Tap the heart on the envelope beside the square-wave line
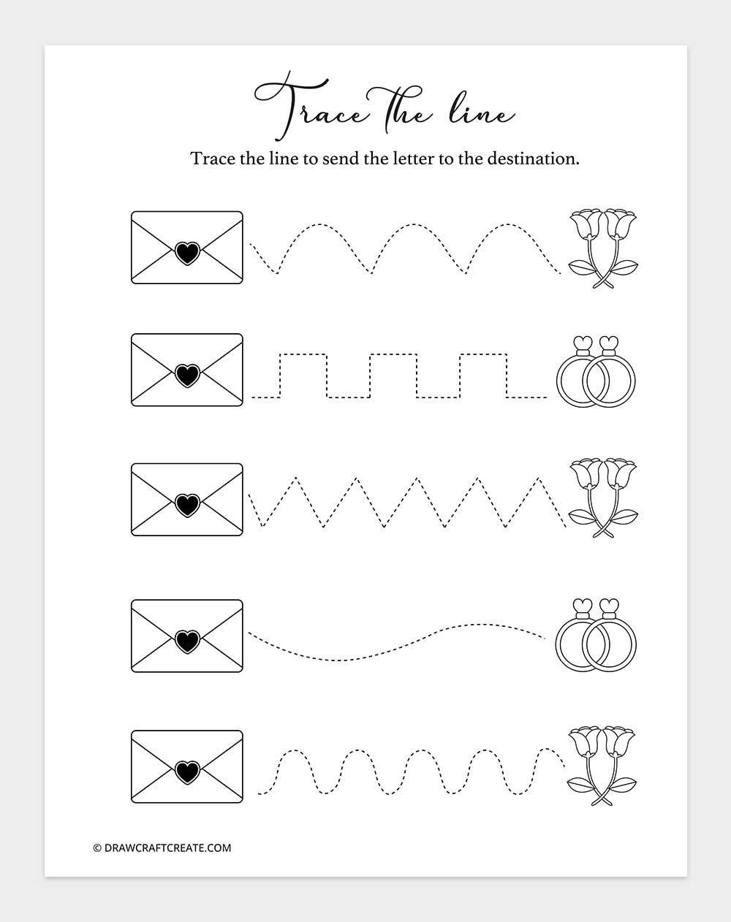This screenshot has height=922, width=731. point(187,376)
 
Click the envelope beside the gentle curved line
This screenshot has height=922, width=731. point(187,636)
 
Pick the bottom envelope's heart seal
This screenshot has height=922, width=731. point(187,769)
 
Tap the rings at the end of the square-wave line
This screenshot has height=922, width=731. point(596,372)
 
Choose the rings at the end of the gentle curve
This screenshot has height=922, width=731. point(596,634)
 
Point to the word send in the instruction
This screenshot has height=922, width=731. point(340,159)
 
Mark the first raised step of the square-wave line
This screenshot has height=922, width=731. point(303,355)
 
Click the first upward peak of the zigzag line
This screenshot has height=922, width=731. point(295,479)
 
